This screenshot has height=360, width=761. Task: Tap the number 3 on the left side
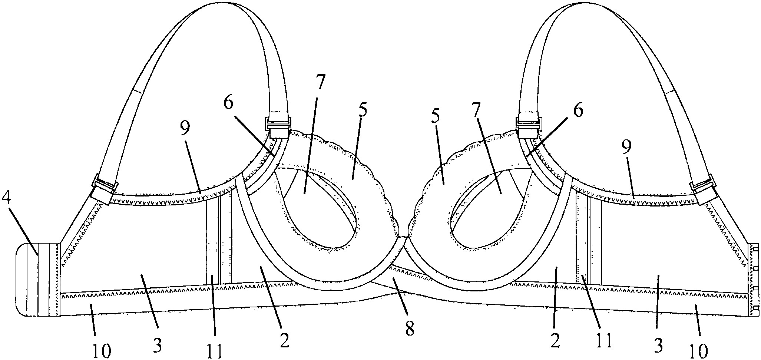(x=157, y=346)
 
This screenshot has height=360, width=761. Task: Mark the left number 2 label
(x=284, y=341)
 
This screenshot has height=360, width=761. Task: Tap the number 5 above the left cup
(x=363, y=112)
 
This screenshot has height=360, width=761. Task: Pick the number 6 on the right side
(x=579, y=110)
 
